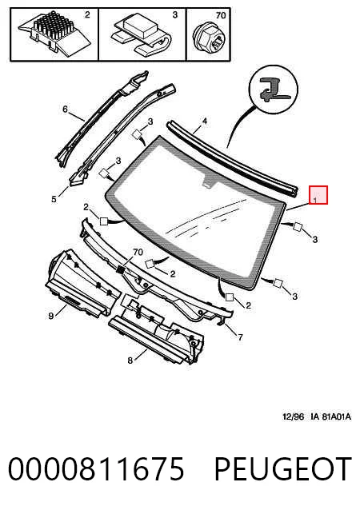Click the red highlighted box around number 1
pyautogui.click(x=318, y=195)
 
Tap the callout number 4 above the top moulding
pyautogui.click(x=204, y=122)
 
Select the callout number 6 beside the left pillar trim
pyautogui.click(x=65, y=110)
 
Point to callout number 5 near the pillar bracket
pyautogui.click(x=54, y=199)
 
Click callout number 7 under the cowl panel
pyautogui.click(x=240, y=337)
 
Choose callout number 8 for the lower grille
pyautogui.click(x=130, y=361)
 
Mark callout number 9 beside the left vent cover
pyautogui.click(x=50, y=316)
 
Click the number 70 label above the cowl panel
pyautogui.click(x=138, y=252)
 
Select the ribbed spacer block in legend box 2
pyautogui.click(x=54, y=33)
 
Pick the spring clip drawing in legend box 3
pyautogui.click(x=142, y=34)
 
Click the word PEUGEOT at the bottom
pyautogui.click(x=283, y=468)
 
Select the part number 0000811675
pyautogui.click(x=96, y=468)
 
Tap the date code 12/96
pyautogui.click(x=294, y=416)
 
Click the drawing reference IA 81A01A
pyautogui.click(x=331, y=416)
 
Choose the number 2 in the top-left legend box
pyautogui.click(x=87, y=14)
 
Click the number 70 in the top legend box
pyautogui.click(x=221, y=15)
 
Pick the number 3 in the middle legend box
pyautogui.click(x=175, y=14)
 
